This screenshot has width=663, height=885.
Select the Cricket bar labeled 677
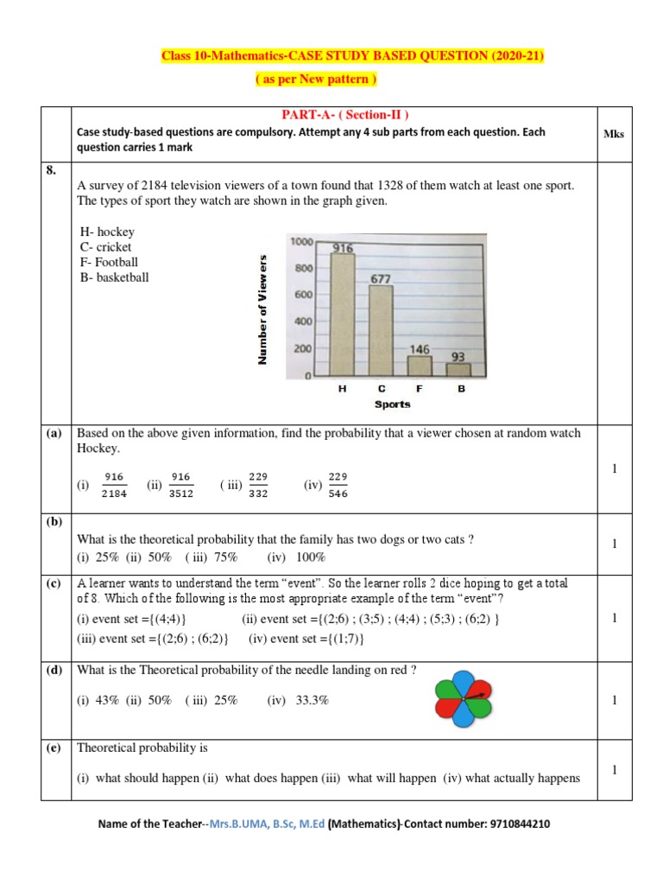pos(382,330)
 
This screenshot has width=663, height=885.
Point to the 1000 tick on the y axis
pos(301,242)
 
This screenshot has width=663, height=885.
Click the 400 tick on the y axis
pos(304,322)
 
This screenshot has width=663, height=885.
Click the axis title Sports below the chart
pos(393,404)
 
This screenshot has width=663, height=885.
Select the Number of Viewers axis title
pos(262,309)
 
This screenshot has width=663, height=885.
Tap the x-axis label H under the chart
pos(343,389)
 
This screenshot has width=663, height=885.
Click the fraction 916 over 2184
pos(113,486)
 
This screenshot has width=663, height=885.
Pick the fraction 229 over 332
pos(258,486)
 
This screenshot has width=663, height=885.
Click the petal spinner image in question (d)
pos(462,696)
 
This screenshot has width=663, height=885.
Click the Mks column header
pos(615,134)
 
